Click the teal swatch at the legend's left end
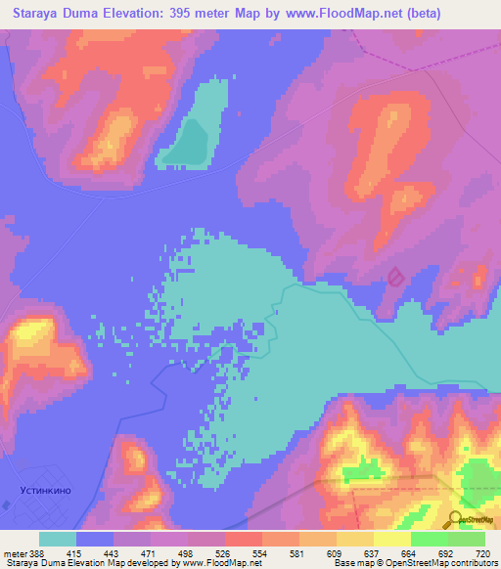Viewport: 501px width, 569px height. (x=58, y=539)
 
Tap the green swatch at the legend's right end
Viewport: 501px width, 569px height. (x=466, y=539)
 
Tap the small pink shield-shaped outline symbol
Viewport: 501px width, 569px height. (x=395, y=278)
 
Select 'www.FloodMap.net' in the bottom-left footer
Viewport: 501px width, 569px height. (x=220, y=563)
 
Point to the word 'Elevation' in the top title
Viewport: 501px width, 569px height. (x=132, y=13)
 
